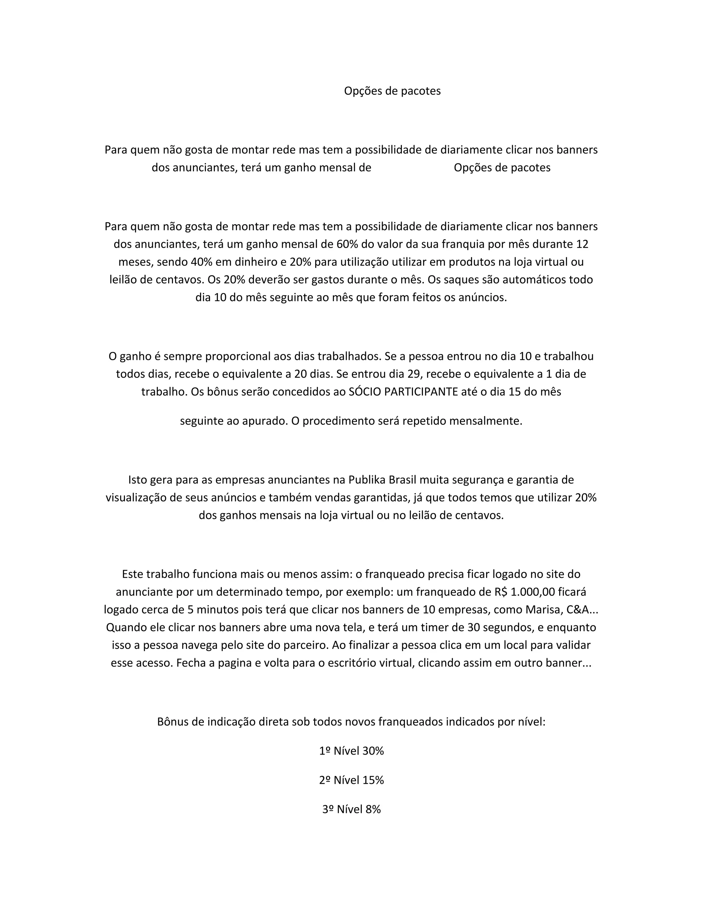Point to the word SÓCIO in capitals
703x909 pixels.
365,392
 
